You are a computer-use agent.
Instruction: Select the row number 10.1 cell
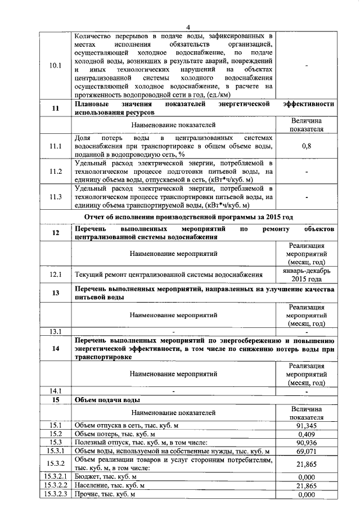point(55,65)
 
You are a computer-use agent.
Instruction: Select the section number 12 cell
point(55,233)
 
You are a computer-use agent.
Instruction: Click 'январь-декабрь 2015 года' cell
point(307,274)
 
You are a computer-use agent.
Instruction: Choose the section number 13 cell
point(55,293)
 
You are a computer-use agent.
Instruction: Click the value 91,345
point(307,426)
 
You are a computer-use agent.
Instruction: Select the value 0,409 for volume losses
point(307,434)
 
